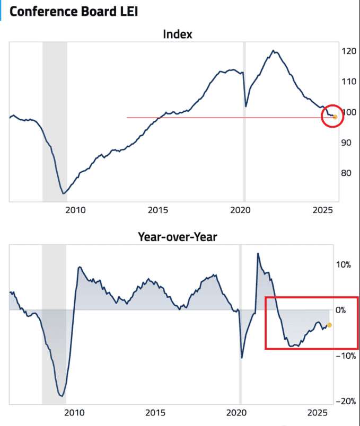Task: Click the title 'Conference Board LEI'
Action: (74, 11)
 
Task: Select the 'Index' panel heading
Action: (177, 35)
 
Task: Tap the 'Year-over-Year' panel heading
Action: (177, 237)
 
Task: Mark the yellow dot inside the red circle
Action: (335, 117)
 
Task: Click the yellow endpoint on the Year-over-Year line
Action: (330, 325)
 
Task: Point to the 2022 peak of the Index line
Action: (273, 51)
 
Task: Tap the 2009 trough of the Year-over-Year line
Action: (62, 396)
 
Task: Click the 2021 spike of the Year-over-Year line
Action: (258, 253)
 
